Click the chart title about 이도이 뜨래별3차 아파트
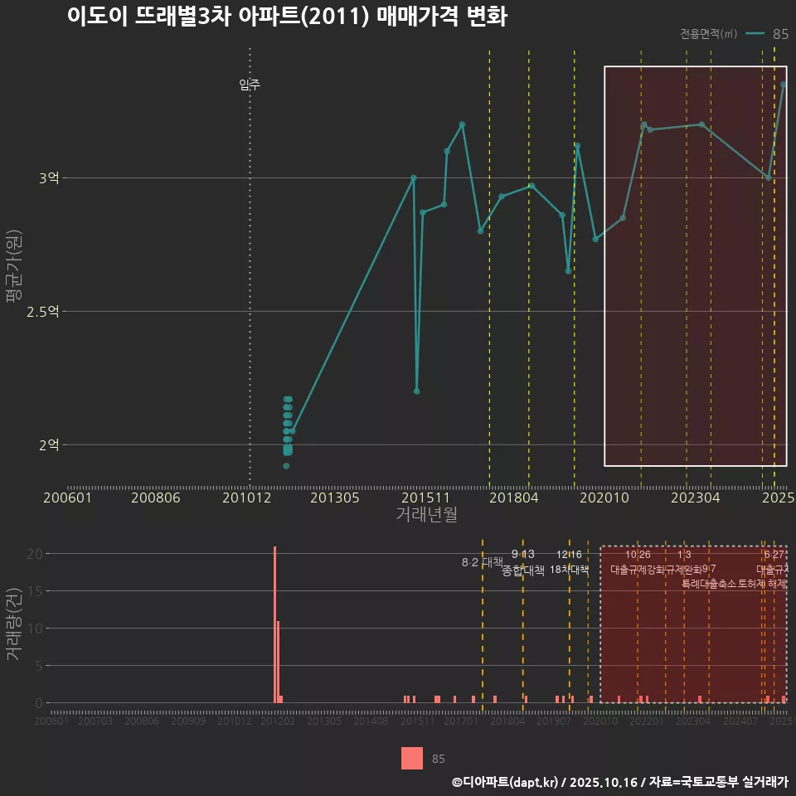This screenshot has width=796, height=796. coord(286,17)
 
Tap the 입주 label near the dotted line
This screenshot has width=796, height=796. coord(250,85)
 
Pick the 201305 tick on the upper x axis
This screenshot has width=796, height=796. coord(334,498)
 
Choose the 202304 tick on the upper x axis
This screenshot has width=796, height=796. coord(695,498)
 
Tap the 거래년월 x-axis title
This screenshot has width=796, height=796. coord(426,515)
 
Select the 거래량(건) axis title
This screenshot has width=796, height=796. coord(14,624)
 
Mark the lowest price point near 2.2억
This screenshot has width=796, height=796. coord(417,391)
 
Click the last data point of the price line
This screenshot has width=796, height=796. coord(784,85)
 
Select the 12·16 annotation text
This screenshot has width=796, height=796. coord(569,554)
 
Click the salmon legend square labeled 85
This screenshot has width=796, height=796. coord(411,758)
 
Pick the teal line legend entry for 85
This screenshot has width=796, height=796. coord(755,34)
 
